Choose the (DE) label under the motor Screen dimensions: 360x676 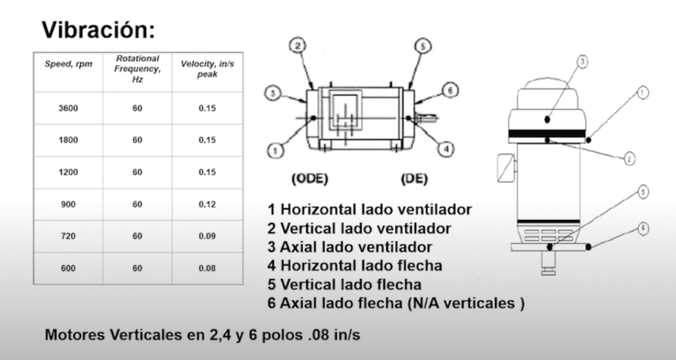[x=415, y=179]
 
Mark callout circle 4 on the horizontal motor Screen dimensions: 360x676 [x=446, y=149]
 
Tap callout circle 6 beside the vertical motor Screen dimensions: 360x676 [x=643, y=227]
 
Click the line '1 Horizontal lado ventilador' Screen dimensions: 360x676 [x=369, y=209]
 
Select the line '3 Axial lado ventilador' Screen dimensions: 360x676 [x=350, y=247]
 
